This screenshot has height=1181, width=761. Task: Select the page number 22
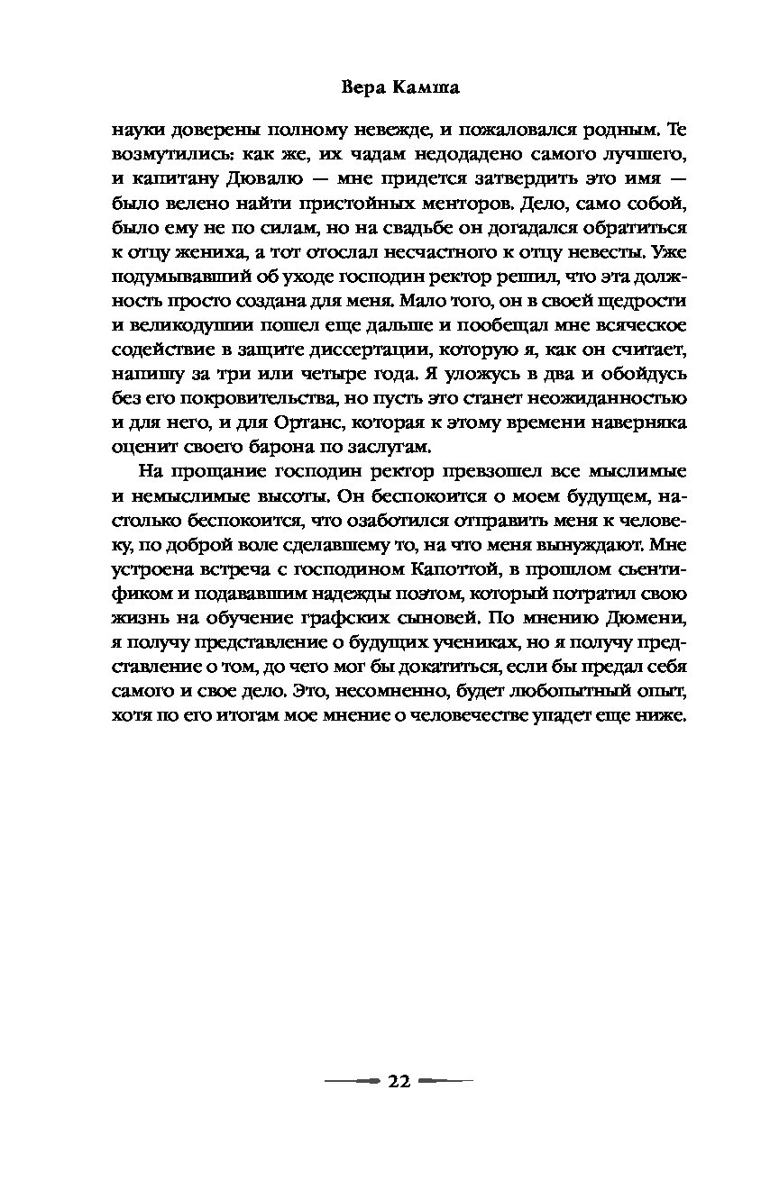(x=399, y=1081)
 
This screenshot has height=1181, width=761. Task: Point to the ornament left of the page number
(x=354, y=1081)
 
